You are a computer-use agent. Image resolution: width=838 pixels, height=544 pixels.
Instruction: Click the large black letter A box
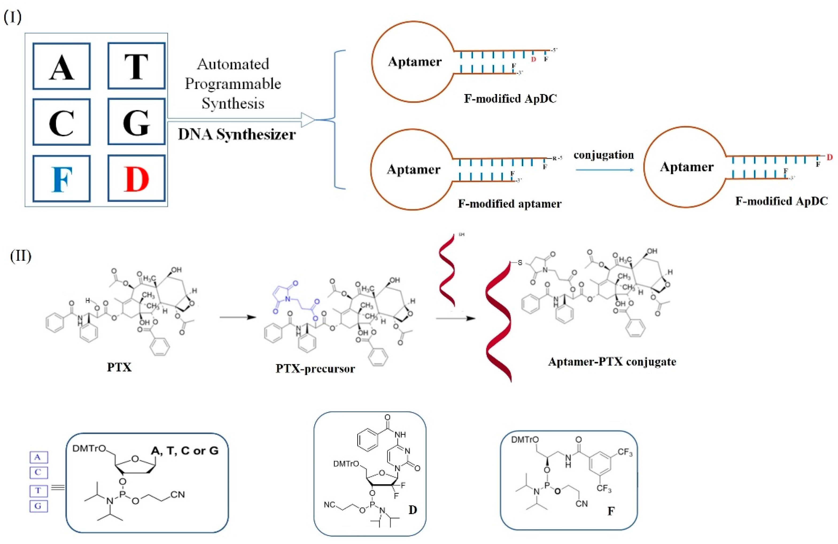tap(62, 66)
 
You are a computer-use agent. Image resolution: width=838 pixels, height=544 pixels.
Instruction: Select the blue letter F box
tap(62, 178)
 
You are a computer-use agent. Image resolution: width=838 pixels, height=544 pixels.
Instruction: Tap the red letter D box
tap(136, 178)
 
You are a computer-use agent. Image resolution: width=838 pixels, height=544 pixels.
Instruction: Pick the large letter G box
tap(136, 122)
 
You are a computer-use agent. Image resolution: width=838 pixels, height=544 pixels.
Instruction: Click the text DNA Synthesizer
tap(236, 134)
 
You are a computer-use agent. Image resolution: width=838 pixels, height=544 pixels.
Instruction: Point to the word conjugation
tap(603, 155)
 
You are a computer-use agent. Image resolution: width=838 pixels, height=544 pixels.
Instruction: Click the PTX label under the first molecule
tap(119, 367)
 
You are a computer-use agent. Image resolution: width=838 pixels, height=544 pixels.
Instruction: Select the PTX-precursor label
tap(315, 369)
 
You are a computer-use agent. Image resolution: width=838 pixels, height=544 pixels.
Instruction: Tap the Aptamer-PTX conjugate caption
tap(612, 362)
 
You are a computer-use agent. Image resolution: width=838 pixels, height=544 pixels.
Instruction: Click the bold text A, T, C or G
tap(185, 451)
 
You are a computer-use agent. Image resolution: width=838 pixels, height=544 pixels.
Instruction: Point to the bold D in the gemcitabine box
tap(413, 510)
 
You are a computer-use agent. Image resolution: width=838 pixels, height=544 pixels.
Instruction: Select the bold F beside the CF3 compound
tap(611, 511)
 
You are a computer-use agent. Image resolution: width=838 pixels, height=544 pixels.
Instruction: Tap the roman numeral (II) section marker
tap(20, 256)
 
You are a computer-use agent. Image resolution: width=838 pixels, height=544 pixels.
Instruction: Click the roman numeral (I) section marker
tap(12, 17)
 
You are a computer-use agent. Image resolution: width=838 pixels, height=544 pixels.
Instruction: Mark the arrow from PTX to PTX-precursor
tap(238, 317)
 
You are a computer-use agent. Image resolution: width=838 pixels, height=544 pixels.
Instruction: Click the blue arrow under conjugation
tap(604, 170)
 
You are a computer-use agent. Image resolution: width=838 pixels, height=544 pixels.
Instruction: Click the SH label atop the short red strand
tap(461, 235)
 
